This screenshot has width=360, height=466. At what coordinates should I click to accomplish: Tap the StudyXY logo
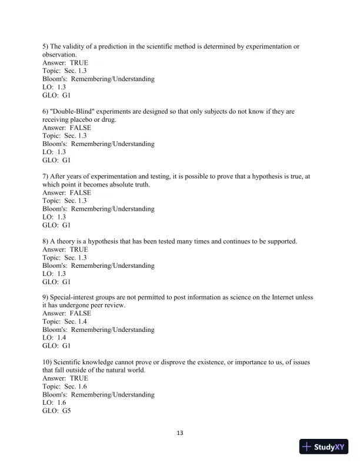[324, 447]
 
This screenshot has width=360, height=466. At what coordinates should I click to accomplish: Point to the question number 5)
[46, 46]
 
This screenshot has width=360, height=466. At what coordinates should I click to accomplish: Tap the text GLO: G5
[56, 411]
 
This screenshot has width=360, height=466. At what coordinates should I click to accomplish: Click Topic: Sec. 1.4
[65, 322]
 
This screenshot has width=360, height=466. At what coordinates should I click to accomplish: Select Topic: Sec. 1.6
[65, 387]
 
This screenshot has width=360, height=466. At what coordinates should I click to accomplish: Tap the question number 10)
[48, 362]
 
